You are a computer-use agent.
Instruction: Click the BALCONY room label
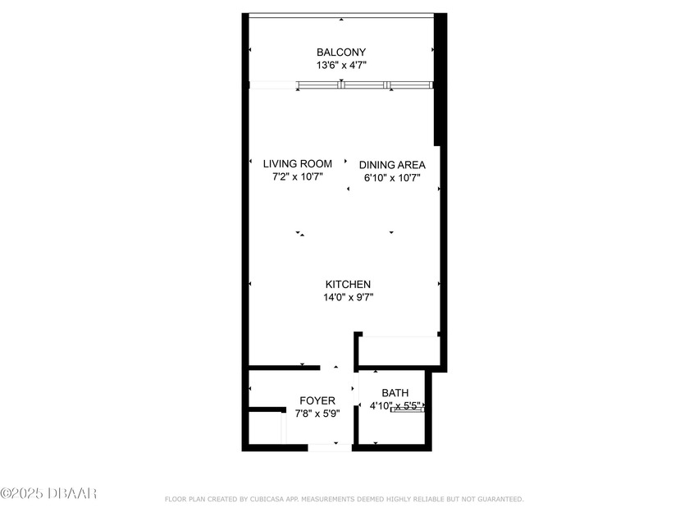pyautogui.click(x=341, y=53)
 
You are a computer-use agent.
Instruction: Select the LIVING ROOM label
pyautogui.click(x=297, y=164)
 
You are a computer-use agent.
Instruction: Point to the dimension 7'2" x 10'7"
pyautogui.click(x=297, y=176)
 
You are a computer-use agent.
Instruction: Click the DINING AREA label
pyautogui.click(x=392, y=165)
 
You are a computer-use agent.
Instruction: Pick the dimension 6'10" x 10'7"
pyautogui.click(x=392, y=177)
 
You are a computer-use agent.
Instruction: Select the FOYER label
pyautogui.click(x=317, y=400)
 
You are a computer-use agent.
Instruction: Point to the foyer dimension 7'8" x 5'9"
pyautogui.click(x=317, y=414)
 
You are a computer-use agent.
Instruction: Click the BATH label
pyautogui.click(x=395, y=393)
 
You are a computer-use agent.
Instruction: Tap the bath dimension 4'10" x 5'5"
pyautogui.click(x=396, y=405)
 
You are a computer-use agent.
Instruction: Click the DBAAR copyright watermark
pyautogui.click(x=49, y=493)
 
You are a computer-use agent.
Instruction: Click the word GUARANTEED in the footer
pyautogui.click(x=497, y=499)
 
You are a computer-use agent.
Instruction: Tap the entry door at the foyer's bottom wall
pyautogui.click(x=329, y=447)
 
